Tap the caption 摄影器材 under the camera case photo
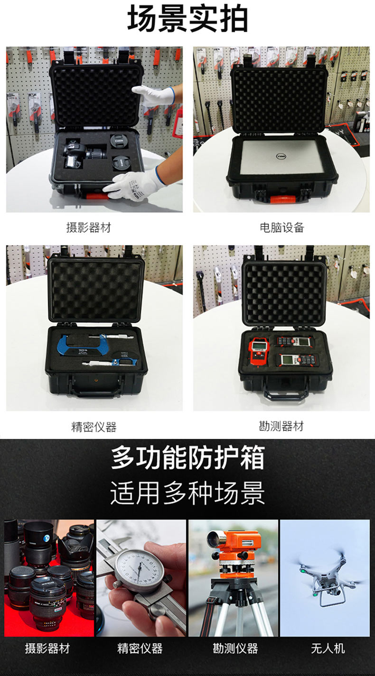[x=89, y=228]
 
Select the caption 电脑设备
[x=281, y=228]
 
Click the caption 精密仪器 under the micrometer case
[x=94, y=427]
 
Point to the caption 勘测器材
[x=281, y=426]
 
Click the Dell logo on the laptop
[x=281, y=156]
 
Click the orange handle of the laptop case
[x=282, y=199]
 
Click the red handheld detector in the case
[x=258, y=349]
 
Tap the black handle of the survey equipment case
[x=286, y=394]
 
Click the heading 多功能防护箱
[x=187, y=457]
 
